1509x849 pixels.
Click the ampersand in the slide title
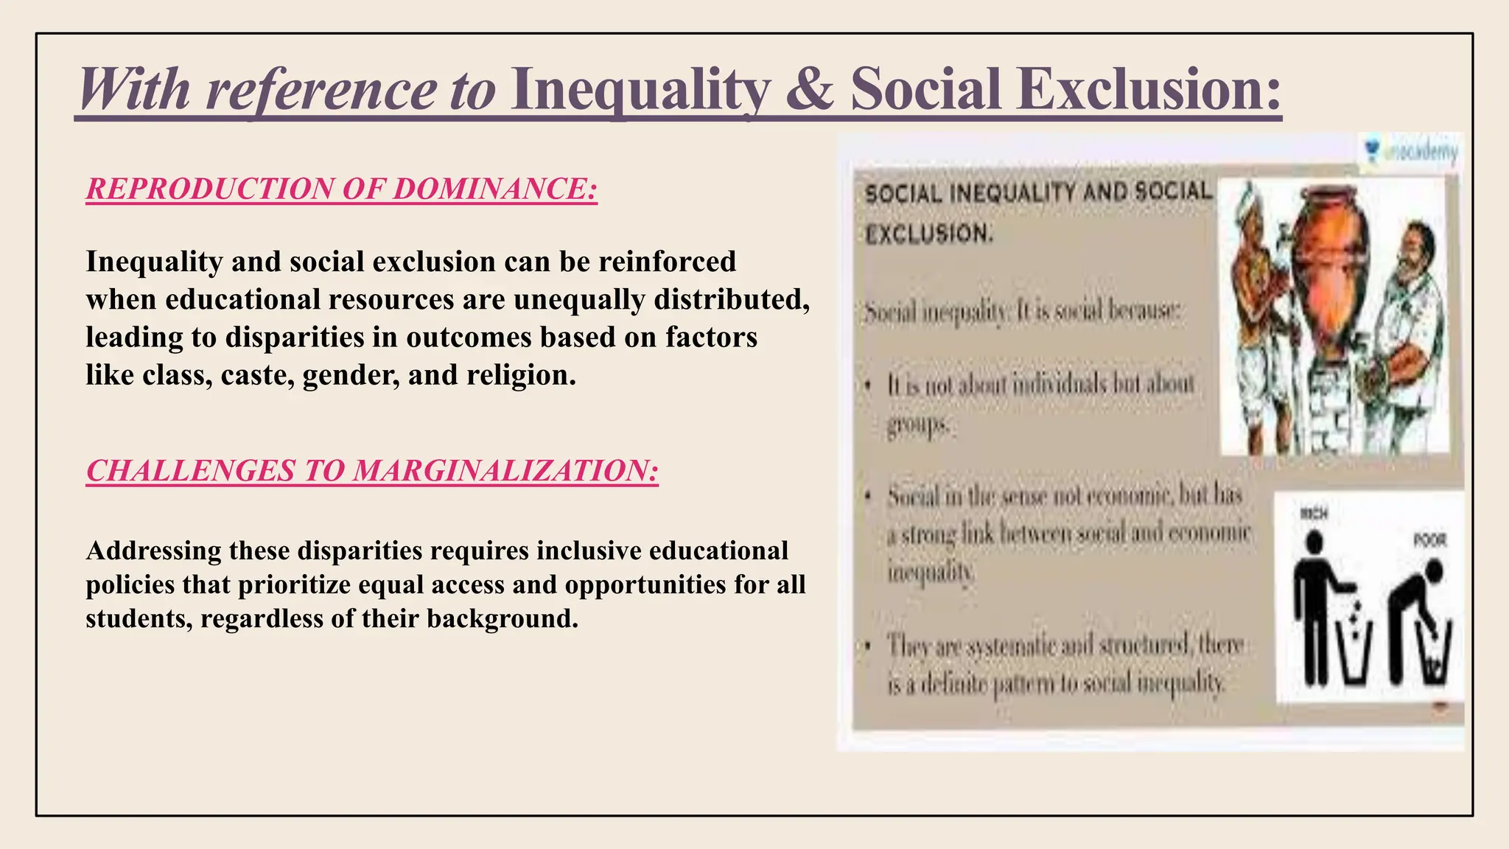pyautogui.click(x=810, y=90)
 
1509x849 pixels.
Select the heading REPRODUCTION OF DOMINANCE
pyautogui.click(x=341, y=189)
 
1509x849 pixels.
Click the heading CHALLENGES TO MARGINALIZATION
pyautogui.click(x=372, y=471)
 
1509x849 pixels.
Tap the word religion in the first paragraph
pyautogui.click(x=521, y=375)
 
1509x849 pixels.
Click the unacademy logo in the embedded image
pyautogui.click(x=1410, y=152)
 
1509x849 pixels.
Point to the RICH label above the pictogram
pyautogui.click(x=1314, y=513)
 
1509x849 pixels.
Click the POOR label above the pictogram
pyautogui.click(x=1429, y=540)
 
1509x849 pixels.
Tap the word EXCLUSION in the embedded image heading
pyautogui.click(x=928, y=234)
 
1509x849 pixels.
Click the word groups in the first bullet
pyautogui.click(x=918, y=425)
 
